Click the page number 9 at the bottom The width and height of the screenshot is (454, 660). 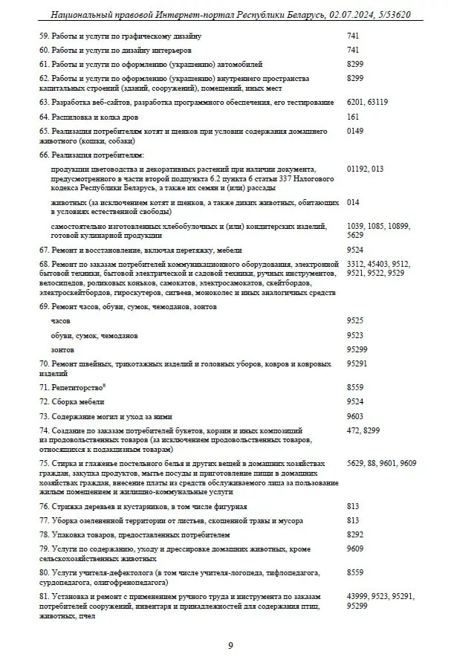(230, 645)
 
